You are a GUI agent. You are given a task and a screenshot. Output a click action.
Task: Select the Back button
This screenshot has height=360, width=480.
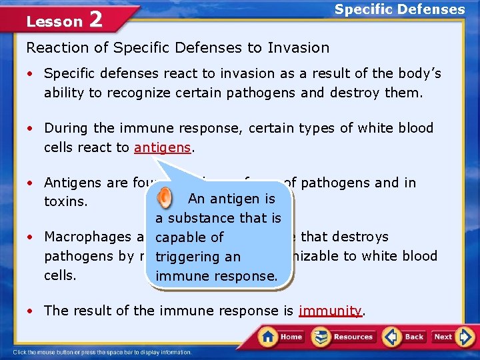(405, 336)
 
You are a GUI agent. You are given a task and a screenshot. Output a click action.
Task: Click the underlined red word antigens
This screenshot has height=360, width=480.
(162, 147)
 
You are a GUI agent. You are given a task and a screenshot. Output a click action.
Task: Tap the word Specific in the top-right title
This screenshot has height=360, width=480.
(364, 9)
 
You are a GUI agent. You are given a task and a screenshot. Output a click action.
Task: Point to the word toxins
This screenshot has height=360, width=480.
(66, 201)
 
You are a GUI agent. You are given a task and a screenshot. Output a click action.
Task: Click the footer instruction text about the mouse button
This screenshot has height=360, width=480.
(101, 352)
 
